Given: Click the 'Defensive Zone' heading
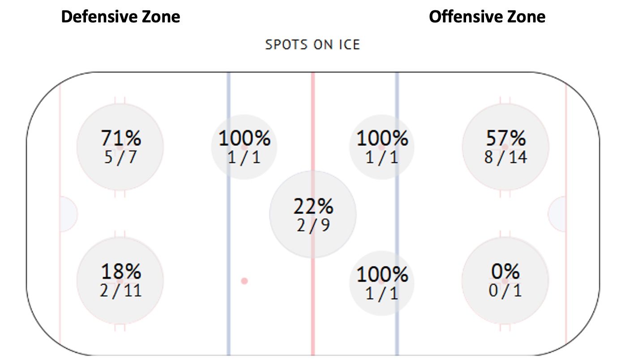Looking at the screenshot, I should point(120,17).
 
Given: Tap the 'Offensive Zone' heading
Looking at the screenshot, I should point(487,17).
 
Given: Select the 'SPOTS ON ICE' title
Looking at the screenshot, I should point(313,45).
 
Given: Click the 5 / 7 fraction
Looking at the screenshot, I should point(120,157).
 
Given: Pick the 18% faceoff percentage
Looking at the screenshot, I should point(121,271).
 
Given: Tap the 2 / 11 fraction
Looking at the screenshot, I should point(120,291).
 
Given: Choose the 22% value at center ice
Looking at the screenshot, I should point(313,206).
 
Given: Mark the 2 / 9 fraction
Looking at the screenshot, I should point(313,225).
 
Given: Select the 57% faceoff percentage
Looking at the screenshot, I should point(506,138).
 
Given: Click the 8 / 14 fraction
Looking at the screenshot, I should point(506,157).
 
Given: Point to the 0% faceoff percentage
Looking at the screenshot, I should point(506,271).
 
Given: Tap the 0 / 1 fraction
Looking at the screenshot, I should point(506,291).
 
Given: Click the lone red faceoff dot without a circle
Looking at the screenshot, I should point(244,281).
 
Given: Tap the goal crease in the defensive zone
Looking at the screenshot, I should point(68,214).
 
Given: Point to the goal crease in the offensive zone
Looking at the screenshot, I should point(558,214).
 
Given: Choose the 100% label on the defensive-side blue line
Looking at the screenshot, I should point(244,138).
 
